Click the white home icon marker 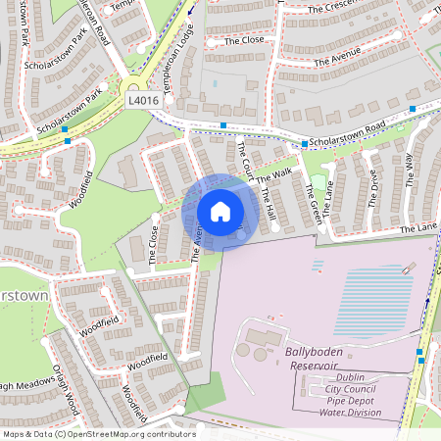tap(220, 211)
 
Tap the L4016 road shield tap(142, 99)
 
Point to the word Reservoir tap(314, 365)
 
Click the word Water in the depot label tap(336, 413)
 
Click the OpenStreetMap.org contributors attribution tap(132, 433)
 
